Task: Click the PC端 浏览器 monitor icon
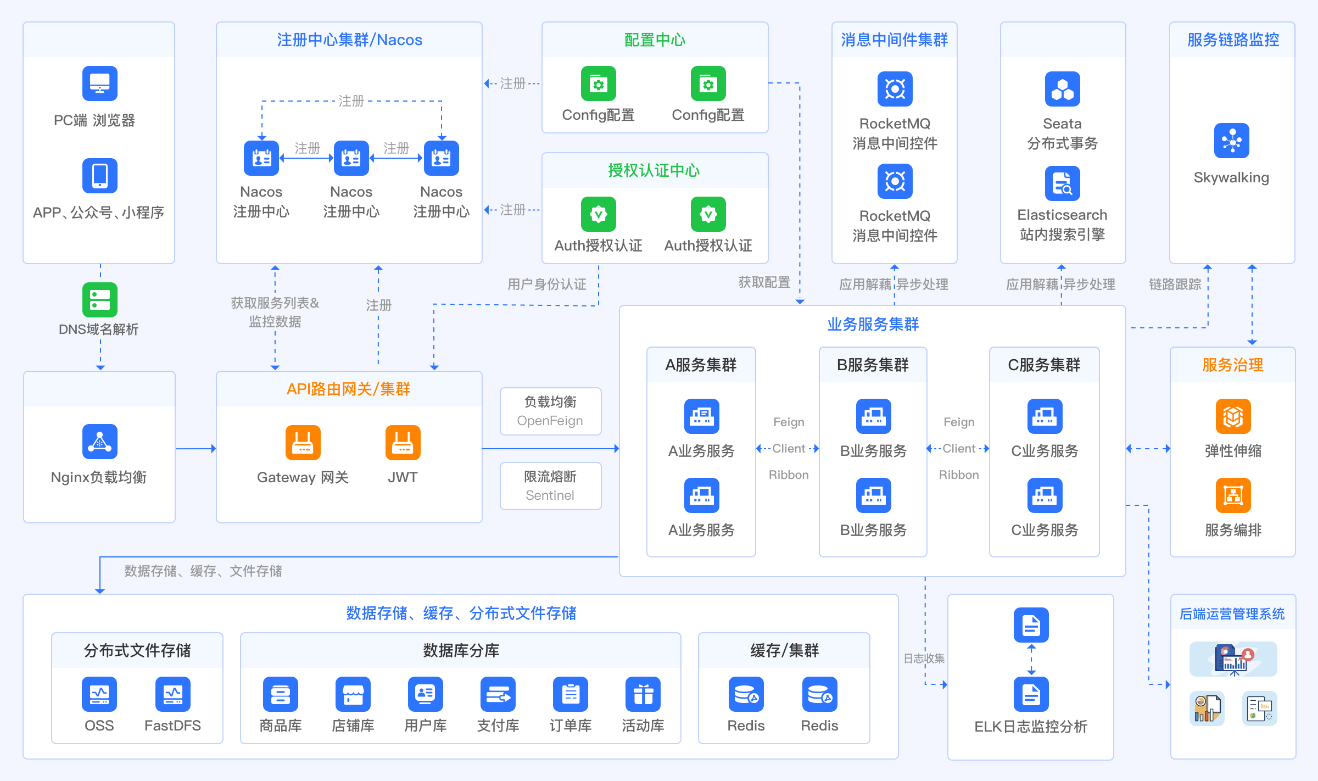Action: (x=99, y=83)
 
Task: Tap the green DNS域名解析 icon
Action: (x=99, y=300)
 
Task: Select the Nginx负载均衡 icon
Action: (x=99, y=442)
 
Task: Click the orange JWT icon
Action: (x=403, y=443)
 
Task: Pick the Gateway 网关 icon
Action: (x=303, y=443)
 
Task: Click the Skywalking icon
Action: (x=1231, y=141)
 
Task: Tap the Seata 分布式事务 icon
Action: (x=1062, y=89)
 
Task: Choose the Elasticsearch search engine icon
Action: (x=1062, y=183)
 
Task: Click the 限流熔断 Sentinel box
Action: (x=550, y=486)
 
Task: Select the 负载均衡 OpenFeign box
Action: (x=550, y=411)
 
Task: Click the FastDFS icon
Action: (x=172, y=694)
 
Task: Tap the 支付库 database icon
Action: (x=498, y=694)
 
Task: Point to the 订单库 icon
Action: (x=570, y=694)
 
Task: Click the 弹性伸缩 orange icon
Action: (x=1233, y=416)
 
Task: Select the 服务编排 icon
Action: (x=1233, y=495)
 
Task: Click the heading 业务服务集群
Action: (x=873, y=325)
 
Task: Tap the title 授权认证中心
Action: (x=654, y=171)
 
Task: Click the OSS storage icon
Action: (x=99, y=694)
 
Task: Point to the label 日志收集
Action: (x=924, y=659)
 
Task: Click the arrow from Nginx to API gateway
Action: (x=196, y=449)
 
